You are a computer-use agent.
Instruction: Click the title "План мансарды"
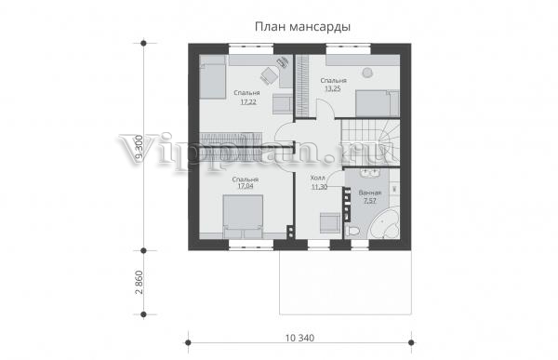point(302,27)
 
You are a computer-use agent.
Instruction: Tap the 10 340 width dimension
point(299,338)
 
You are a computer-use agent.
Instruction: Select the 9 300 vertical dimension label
point(139,147)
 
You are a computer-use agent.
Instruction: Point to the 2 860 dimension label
point(139,283)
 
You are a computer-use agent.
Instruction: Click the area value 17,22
point(248,102)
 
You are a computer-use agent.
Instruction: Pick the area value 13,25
point(333,89)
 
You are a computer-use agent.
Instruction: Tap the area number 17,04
point(246,186)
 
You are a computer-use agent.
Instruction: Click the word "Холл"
point(317,178)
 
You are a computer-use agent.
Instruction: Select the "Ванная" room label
point(370,193)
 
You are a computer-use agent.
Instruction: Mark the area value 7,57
point(370,201)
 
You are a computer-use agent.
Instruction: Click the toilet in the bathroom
point(352,230)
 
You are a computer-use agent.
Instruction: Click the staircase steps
point(370,142)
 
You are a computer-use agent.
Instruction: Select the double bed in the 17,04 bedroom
point(243,216)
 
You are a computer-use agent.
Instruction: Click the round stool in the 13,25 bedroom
point(366,73)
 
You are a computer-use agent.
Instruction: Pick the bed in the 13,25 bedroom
point(378,103)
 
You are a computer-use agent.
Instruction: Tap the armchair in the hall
point(329,223)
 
